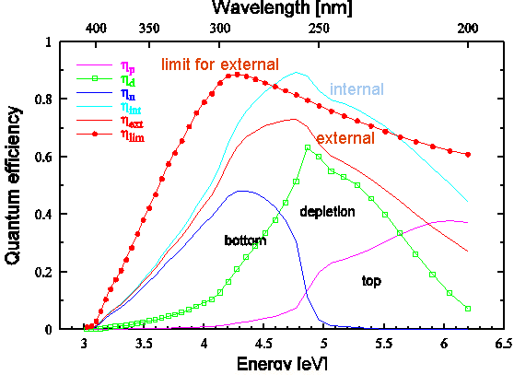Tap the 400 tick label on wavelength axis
click(x=97, y=29)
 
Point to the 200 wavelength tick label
click(x=468, y=29)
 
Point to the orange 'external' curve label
click(x=345, y=139)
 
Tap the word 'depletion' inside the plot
click(x=327, y=211)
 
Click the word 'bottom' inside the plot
click(x=245, y=240)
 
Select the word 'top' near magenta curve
click(x=371, y=281)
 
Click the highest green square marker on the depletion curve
click(x=308, y=147)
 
